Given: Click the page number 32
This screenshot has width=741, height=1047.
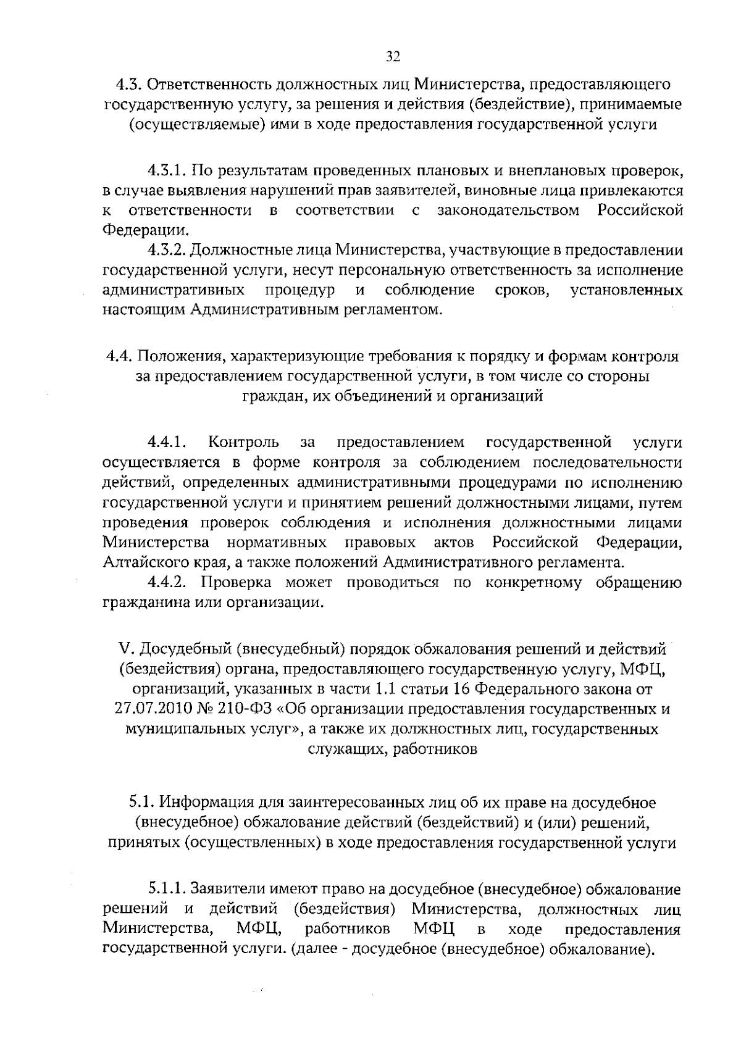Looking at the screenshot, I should click(x=393, y=57).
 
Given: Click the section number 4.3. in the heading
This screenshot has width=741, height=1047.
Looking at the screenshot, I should click(x=130, y=84).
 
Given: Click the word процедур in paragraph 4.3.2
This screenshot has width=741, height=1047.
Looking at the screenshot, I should click(x=300, y=290).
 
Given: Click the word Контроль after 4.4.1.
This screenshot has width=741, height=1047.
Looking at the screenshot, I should click(x=243, y=442).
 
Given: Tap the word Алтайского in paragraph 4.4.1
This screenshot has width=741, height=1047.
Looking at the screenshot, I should click(x=136, y=562).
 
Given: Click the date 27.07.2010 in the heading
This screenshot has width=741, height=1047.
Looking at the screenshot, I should click(x=149, y=709).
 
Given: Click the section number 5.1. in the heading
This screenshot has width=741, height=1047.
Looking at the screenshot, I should click(x=142, y=803).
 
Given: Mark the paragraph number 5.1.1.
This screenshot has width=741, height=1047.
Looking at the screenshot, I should click(x=167, y=890).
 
